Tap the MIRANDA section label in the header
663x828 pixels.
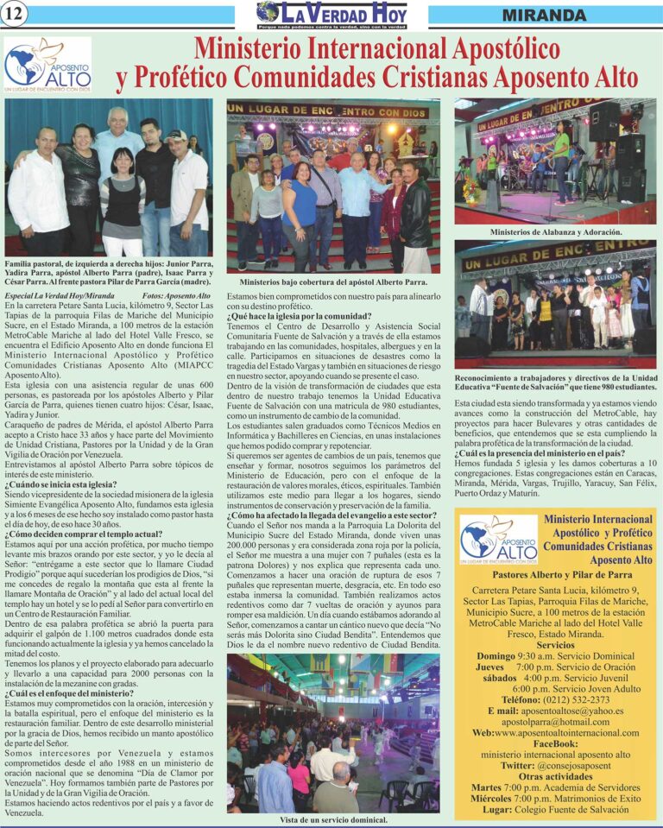544,16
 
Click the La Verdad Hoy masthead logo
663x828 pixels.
331,15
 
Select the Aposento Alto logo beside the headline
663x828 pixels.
47,65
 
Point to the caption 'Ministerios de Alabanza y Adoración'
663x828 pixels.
556,232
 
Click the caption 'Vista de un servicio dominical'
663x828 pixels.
333,819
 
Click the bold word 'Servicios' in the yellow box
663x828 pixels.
555,645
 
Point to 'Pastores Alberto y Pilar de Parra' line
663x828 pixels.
555,574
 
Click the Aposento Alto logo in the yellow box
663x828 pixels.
499,540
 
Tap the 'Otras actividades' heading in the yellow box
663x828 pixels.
555,776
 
